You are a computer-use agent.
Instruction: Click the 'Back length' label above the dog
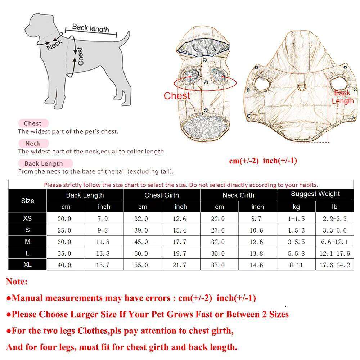click(90, 28)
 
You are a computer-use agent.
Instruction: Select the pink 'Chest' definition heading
click(33, 123)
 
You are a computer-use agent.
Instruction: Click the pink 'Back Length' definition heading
click(44, 163)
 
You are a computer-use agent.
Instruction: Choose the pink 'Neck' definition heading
click(33, 143)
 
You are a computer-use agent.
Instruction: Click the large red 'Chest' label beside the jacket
click(177, 96)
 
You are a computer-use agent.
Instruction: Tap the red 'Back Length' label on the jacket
click(342, 97)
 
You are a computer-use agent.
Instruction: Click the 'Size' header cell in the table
click(27, 201)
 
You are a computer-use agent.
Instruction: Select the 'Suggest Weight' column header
click(315, 194)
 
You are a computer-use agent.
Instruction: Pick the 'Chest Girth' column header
click(161, 195)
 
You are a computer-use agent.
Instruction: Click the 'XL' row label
click(27, 265)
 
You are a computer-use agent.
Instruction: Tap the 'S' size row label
click(27, 230)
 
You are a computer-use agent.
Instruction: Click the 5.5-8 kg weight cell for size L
click(296, 253)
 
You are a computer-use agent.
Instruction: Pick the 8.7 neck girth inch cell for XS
click(257, 219)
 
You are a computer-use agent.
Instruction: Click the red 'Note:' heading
click(17, 282)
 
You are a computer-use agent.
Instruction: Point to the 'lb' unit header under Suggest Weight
click(334, 207)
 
